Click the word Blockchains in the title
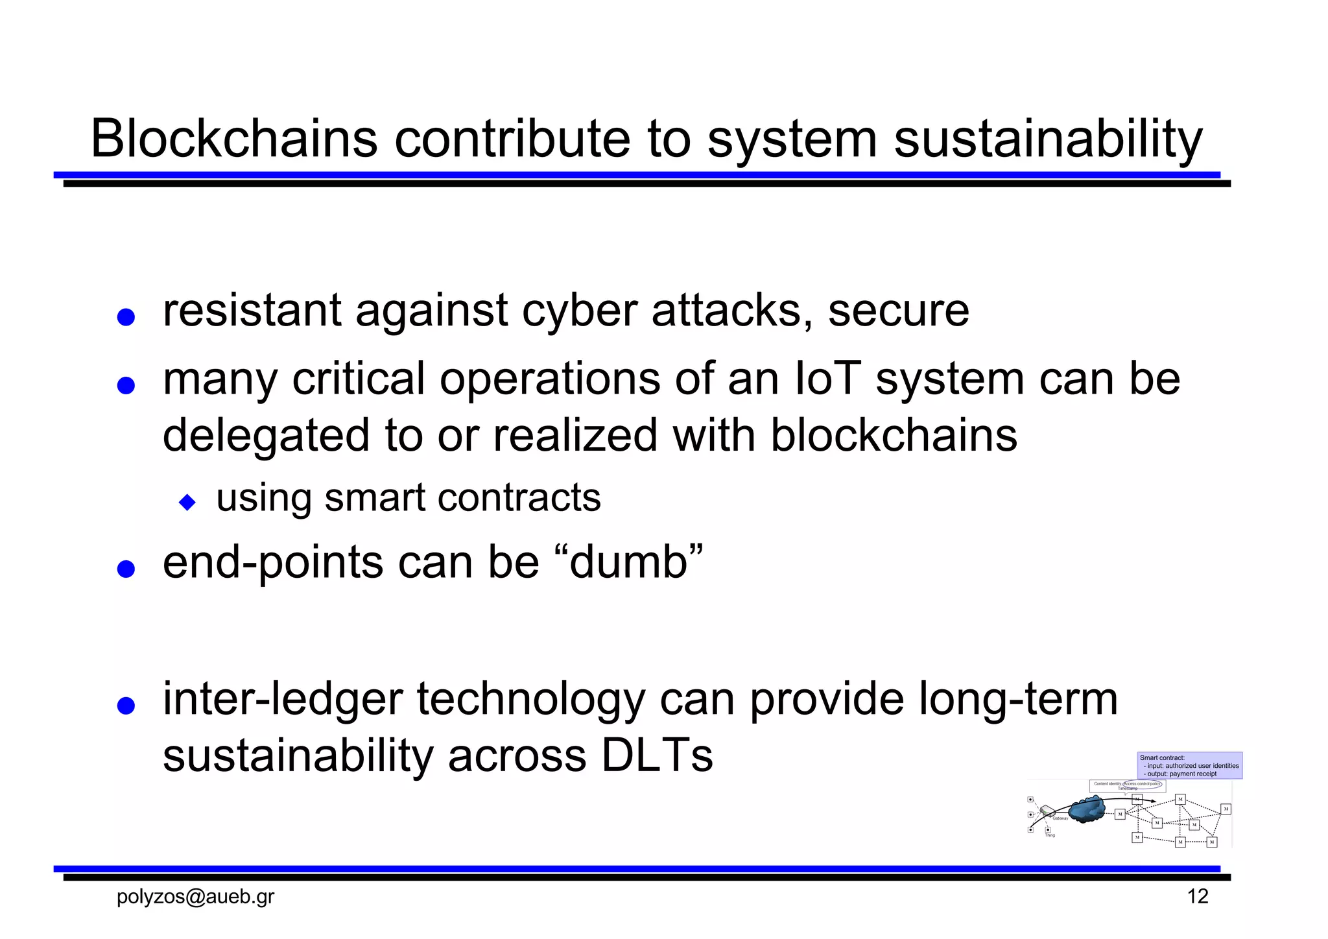point(234,139)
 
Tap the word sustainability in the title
point(1048,139)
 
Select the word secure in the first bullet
point(898,311)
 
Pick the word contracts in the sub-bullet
point(519,498)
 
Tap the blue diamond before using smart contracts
point(187,502)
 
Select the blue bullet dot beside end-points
point(126,569)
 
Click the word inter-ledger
point(282,700)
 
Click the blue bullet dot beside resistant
point(126,318)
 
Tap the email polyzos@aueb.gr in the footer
point(195,897)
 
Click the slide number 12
point(1197,897)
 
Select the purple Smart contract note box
point(1190,766)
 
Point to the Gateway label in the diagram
point(1060,818)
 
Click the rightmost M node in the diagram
point(1226,809)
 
